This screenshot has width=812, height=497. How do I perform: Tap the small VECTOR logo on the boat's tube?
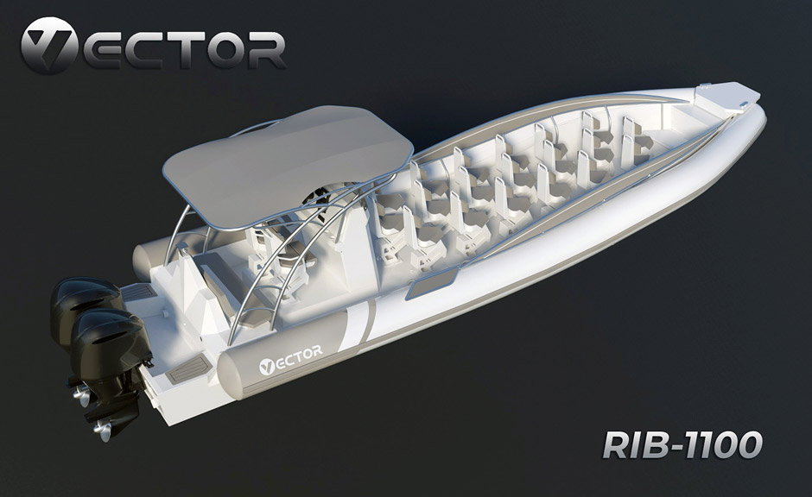point(290,359)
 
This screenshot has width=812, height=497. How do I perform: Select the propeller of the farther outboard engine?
point(81,396)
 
